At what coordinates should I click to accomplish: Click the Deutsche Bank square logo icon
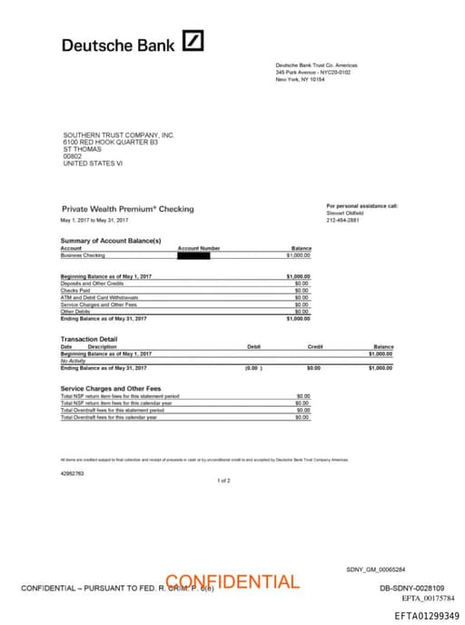[x=193, y=41]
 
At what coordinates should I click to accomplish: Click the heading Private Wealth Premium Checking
[x=127, y=209]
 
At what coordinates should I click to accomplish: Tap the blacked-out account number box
[x=194, y=255]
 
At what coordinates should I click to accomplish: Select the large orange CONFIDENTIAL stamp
[x=232, y=581]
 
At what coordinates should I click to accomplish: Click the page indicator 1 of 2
[x=224, y=480]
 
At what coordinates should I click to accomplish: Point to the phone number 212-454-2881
[x=342, y=219]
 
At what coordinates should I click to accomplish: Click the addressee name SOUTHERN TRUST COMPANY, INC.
[x=118, y=135]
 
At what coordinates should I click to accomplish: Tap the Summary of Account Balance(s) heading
[x=111, y=240]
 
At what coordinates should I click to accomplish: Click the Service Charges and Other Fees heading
[x=111, y=389]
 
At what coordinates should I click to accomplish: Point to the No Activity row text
[x=73, y=361]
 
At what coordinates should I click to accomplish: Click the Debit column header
[x=253, y=346]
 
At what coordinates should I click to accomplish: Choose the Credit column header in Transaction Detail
[x=315, y=346]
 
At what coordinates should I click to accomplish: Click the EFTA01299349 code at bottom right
[x=427, y=616]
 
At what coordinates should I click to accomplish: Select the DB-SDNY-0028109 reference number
[x=411, y=589]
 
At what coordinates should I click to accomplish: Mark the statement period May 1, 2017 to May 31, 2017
[x=94, y=221]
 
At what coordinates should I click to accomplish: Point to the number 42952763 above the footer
[x=73, y=473]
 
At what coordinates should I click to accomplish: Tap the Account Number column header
[x=199, y=248]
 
